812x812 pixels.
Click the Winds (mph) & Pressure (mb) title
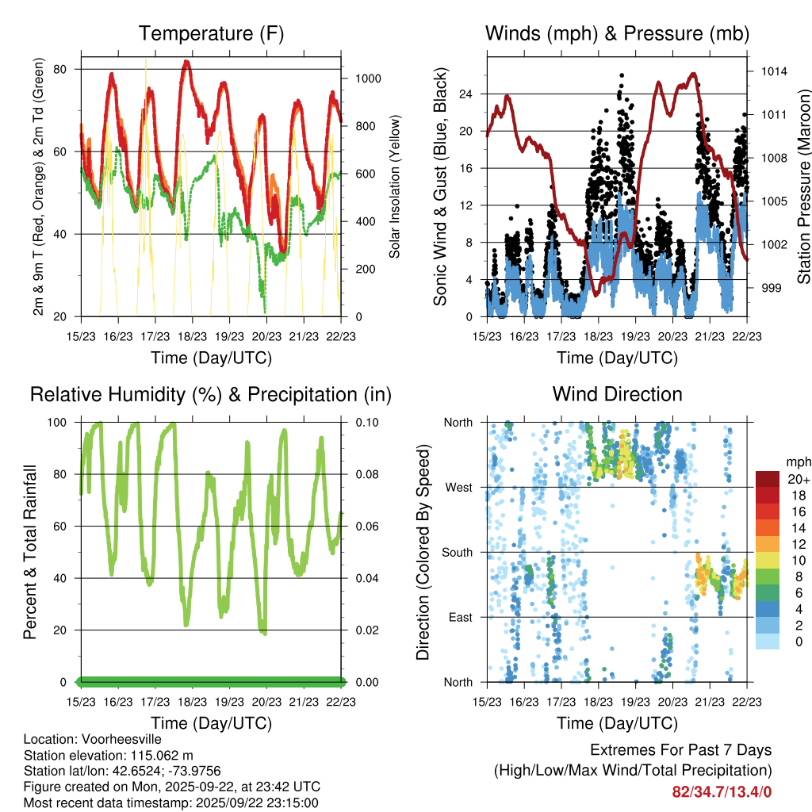[x=617, y=33]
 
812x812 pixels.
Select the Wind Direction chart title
[x=617, y=394]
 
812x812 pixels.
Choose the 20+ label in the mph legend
[x=798, y=480]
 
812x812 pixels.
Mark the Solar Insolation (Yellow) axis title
[x=394, y=186]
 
